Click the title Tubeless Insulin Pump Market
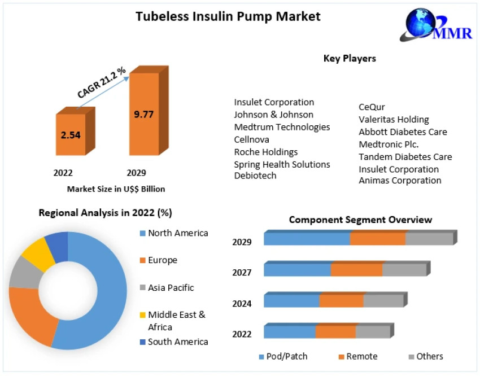228,16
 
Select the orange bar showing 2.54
71,134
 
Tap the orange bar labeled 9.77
144,113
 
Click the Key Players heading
350,58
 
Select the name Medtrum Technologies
282,127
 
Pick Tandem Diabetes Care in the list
405,156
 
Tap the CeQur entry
372,107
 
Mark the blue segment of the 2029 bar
307,239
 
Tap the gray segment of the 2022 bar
373,332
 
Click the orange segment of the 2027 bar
356,270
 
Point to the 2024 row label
242,304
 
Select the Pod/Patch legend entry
283,356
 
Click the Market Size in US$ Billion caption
116,189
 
